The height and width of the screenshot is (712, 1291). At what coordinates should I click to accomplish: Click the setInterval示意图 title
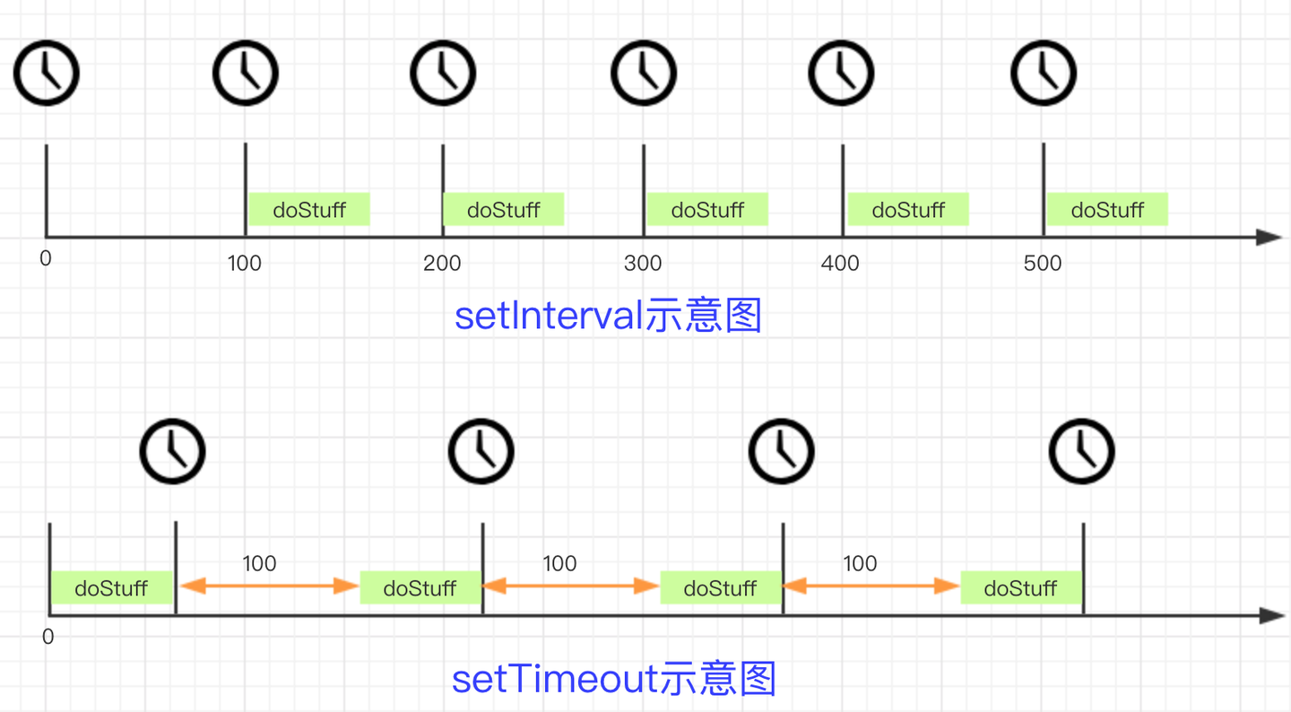click(x=608, y=316)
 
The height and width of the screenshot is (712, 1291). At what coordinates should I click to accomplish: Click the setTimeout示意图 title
click(x=613, y=679)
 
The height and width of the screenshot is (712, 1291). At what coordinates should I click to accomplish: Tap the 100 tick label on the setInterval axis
click(x=244, y=264)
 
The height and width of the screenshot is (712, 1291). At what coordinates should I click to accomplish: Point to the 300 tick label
click(x=643, y=264)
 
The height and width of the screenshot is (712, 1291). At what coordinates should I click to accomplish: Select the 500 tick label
click(x=1043, y=264)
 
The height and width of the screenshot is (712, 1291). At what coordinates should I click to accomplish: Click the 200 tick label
click(x=442, y=264)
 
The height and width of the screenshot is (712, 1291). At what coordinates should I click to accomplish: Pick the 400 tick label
click(x=841, y=264)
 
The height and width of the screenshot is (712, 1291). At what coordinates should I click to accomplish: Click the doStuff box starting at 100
click(x=309, y=210)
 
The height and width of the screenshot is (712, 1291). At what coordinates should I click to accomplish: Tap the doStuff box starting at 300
click(x=707, y=210)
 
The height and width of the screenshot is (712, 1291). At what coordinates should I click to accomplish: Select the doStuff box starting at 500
click(x=1107, y=210)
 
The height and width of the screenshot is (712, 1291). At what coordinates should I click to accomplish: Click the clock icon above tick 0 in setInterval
click(x=47, y=73)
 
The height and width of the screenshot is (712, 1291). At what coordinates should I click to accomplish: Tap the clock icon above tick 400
click(x=841, y=73)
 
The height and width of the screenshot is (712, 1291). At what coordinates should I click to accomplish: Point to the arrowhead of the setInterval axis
click(x=1269, y=237)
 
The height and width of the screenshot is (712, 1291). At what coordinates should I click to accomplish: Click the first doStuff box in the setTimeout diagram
click(x=111, y=588)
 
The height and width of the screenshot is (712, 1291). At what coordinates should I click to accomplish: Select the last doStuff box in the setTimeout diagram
click(x=1020, y=588)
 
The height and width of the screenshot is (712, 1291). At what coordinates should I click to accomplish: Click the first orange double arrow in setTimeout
click(x=269, y=586)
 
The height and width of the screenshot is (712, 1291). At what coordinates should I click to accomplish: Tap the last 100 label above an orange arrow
click(x=860, y=564)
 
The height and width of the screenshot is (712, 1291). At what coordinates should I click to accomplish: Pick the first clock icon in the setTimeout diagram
click(x=173, y=451)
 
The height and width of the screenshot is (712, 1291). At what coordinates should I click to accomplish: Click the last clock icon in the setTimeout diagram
click(x=1082, y=451)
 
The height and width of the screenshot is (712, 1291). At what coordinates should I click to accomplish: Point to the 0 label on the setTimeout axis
click(x=48, y=638)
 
